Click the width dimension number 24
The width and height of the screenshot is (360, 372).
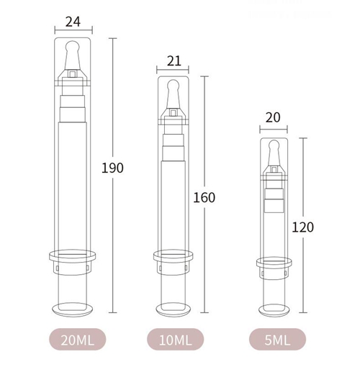[73, 22]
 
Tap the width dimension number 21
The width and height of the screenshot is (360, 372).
[174, 60]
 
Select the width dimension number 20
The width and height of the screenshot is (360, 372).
[273, 117]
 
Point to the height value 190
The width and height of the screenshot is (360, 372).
[112, 168]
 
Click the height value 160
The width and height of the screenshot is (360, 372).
[204, 197]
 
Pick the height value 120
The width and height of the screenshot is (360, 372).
[302, 227]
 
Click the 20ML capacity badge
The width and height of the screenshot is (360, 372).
[78, 339]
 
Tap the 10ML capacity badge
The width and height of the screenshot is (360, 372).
[176, 339]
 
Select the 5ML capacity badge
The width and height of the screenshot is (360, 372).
[277, 339]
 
